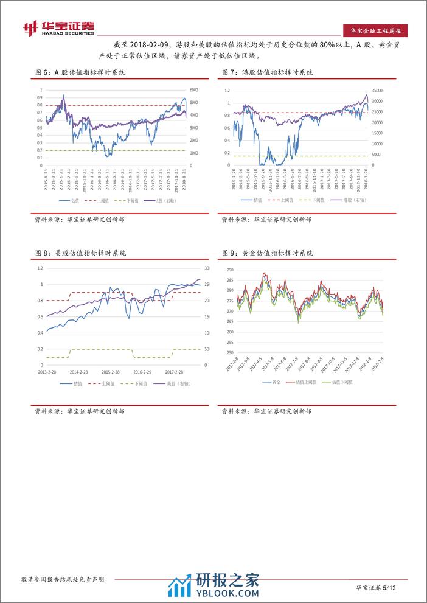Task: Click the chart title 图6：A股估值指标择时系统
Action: (x=80, y=72)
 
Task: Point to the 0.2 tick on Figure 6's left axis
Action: (x=40, y=150)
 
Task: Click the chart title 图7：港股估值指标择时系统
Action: (x=268, y=72)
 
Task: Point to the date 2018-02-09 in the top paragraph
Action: (x=150, y=46)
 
